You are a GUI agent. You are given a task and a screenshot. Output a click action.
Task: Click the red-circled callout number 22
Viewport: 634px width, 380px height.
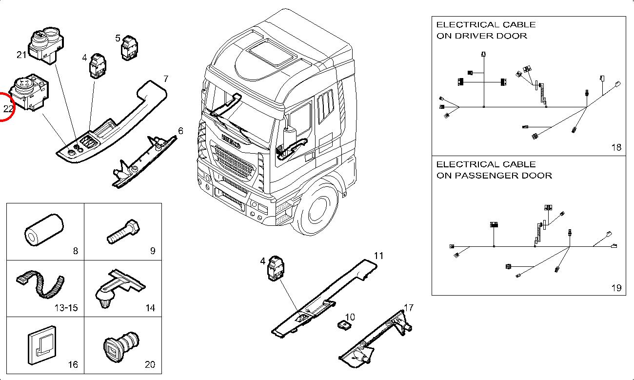[8, 109]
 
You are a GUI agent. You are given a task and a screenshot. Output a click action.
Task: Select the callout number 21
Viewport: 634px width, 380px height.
[21, 55]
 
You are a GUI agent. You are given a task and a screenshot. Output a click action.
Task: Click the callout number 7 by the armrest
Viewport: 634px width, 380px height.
[166, 79]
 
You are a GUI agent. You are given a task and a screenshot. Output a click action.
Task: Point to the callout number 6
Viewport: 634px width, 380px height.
[180, 131]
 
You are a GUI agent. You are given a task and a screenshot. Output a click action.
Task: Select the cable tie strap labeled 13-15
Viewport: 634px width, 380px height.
[41, 285]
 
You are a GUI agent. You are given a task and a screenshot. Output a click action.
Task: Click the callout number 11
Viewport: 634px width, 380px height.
[379, 256]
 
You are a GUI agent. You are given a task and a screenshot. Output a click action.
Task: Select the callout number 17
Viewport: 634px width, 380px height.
[409, 308]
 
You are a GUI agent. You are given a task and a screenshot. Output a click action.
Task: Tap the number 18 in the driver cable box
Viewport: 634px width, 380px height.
[616, 147]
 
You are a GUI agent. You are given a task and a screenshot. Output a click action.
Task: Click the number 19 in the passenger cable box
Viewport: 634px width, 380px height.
[616, 288]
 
